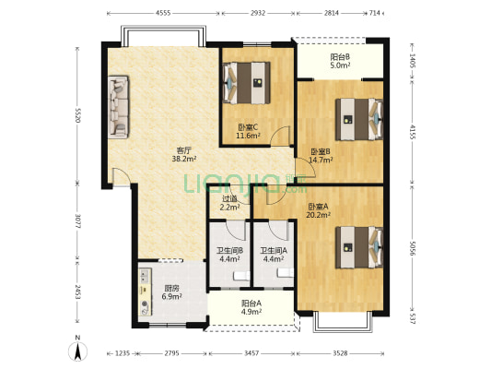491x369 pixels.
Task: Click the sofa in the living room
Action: click(118, 107)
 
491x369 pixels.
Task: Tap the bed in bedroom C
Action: click(247, 83)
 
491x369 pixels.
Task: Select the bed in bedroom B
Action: click(359, 119)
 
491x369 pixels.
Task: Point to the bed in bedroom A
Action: click(359, 247)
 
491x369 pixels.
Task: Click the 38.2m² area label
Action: click(184, 159)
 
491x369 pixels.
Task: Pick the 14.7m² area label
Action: click(321, 160)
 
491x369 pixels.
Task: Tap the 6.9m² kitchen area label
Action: click(172, 296)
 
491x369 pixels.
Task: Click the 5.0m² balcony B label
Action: click(340, 65)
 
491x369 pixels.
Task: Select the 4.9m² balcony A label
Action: click(251, 312)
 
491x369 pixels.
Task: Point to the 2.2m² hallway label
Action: click(230, 207)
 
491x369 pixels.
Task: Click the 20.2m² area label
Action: click(319, 215)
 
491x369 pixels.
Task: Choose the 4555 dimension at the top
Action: click(163, 13)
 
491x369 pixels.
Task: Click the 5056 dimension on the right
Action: click(413, 248)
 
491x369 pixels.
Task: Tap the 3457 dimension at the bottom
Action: click(251, 353)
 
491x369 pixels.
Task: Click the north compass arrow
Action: click(78, 351)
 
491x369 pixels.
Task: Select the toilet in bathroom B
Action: click(241, 276)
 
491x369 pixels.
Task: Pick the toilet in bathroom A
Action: click(286, 273)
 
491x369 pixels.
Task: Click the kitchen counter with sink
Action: click(145, 292)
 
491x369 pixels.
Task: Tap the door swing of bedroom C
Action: click(280, 136)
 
